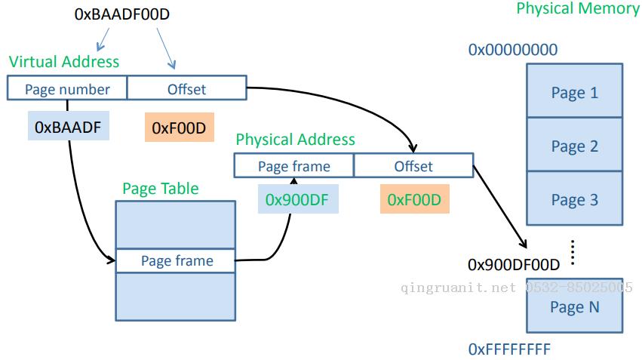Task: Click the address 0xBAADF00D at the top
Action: coord(121,14)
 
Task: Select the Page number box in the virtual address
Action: coord(67,88)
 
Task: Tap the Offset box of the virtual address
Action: coord(186,88)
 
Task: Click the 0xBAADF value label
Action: coord(69,126)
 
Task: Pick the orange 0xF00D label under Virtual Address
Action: coord(180,128)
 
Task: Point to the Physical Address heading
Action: coord(295,140)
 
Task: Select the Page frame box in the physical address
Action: coord(294,165)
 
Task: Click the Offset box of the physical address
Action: coord(413,165)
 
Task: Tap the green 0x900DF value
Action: coord(298,199)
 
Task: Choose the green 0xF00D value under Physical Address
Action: coord(414,199)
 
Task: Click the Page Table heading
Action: coord(161,189)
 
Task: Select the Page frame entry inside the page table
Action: coord(176,260)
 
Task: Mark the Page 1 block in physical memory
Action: coord(574,91)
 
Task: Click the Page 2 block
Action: coord(574,145)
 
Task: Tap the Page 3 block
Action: coord(574,198)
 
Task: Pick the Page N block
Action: coord(574,306)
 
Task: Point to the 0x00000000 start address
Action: coord(513,50)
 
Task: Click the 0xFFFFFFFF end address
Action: coord(509,349)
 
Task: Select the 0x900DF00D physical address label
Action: coord(514,265)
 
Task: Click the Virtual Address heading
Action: coord(64,62)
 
